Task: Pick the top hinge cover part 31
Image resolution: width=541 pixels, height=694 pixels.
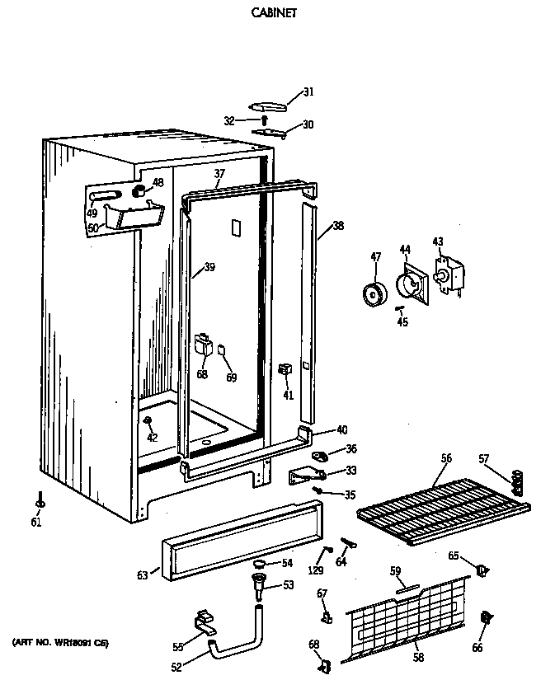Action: click(x=268, y=105)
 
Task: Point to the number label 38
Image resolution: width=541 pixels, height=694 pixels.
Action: click(x=338, y=226)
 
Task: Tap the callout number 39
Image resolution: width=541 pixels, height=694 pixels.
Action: click(x=209, y=267)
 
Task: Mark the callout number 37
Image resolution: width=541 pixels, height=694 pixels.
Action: click(x=219, y=173)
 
